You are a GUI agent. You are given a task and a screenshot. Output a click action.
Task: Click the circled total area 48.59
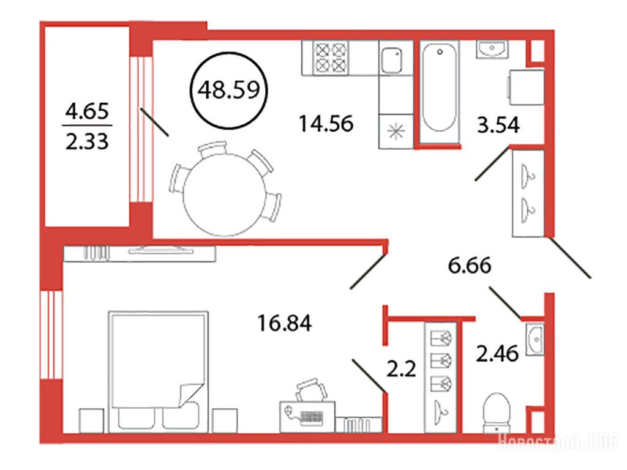pos(229,91)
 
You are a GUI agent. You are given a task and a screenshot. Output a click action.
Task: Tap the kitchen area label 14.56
pos(326,124)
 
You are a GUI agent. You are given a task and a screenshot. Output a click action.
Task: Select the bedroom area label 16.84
pos(284,323)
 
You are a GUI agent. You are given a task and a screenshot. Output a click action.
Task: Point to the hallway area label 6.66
pos(470,266)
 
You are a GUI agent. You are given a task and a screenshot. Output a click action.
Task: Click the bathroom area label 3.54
pos(498,125)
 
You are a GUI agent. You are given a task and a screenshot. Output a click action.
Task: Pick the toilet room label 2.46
pos(497,354)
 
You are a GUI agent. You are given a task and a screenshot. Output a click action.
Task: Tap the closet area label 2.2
pos(401,368)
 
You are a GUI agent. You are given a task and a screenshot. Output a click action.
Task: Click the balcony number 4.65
pos(87,111)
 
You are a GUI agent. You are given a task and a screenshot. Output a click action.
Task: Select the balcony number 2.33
pos(87,141)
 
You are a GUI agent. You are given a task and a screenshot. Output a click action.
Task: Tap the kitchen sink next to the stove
pos(391,60)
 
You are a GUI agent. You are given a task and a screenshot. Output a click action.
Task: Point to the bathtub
pos(439,88)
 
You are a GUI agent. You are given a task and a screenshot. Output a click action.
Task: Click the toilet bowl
pos(497,412)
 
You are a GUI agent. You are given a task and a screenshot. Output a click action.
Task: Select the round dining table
pos(224,194)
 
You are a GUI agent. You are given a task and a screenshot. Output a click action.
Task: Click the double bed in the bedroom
pos(159,371)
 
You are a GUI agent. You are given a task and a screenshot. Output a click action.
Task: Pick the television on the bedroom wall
pos(161,250)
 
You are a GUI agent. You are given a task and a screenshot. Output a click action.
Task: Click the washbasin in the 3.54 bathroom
pos(492,50)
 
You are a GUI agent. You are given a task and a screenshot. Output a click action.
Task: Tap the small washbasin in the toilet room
pos(535,339)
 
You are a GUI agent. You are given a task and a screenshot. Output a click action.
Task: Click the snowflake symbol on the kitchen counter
pos(396,131)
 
